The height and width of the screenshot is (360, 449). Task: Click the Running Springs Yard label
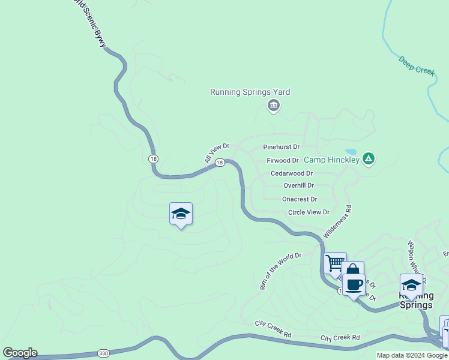[250, 92]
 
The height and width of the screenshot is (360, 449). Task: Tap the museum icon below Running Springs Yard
[273, 106]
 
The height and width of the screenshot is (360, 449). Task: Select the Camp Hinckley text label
[331, 160]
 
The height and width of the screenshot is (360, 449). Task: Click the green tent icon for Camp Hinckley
[369, 159]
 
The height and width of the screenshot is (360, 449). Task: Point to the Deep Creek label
[417, 65]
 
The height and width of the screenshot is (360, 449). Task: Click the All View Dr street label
[217, 153]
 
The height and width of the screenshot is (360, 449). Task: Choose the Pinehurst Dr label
[281, 147]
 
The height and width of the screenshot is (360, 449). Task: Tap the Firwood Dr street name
[282, 161]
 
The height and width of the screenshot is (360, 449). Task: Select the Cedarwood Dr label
[292, 173]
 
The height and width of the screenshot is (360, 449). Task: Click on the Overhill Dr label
[298, 186]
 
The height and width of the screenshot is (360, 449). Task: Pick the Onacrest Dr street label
[300, 199]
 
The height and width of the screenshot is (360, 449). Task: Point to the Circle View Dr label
[309, 212]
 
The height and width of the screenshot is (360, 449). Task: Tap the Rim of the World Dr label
[280, 271]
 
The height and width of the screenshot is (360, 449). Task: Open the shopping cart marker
[335, 263]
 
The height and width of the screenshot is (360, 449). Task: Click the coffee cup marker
[354, 284]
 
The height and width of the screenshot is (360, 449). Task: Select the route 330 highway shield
[103, 353]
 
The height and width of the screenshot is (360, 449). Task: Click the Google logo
[20, 353]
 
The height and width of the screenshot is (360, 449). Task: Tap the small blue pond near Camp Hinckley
[351, 152]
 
